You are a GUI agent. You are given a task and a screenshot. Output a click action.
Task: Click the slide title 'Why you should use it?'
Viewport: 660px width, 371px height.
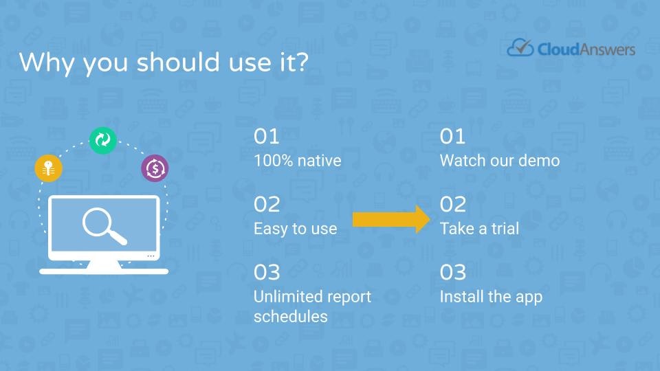[x=164, y=63]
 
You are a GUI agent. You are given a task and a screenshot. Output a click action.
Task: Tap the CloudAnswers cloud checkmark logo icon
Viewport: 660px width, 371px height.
[x=520, y=47]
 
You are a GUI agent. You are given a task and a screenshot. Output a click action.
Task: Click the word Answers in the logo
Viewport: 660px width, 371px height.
[x=607, y=49]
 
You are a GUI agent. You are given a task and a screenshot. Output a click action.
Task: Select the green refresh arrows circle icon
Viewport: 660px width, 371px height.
[x=102, y=140]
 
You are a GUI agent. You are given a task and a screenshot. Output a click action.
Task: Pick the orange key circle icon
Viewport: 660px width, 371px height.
[x=48, y=168]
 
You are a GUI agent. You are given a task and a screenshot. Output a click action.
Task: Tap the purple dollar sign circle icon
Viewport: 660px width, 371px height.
[x=155, y=168]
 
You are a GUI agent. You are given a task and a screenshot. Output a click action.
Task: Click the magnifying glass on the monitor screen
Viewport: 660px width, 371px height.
[x=104, y=226]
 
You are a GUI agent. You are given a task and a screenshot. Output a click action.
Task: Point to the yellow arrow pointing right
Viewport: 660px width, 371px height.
[x=391, y=219]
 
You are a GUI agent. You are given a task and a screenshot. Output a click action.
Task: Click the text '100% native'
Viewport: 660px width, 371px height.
[x=297, y=161]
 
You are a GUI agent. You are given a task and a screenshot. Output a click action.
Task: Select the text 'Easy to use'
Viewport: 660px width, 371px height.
[x=295, y=229]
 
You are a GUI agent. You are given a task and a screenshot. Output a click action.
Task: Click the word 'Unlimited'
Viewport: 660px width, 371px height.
[x=282, y=297]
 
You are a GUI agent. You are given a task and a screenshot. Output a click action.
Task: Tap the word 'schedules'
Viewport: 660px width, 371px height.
[x=290, y=316]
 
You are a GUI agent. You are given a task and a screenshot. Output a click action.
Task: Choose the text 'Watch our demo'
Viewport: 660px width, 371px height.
[x=500, y=161]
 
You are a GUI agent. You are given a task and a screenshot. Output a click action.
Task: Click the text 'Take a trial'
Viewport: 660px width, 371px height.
[x=479, y=229]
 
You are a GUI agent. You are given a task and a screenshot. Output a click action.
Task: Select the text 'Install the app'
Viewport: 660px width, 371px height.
[x=491, y=297]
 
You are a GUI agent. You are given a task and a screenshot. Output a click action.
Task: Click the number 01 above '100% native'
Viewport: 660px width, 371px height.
[x=267, y=137]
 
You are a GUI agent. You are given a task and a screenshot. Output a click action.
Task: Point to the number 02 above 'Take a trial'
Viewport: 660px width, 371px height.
[x=453, y=205]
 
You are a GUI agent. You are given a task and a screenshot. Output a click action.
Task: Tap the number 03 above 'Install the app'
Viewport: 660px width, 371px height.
[x=453, y=273]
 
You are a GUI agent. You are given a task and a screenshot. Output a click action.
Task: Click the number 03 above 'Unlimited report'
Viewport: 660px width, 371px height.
[x=267, y=273]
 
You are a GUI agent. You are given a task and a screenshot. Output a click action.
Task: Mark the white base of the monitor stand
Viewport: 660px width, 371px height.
[x=104, y=271]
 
